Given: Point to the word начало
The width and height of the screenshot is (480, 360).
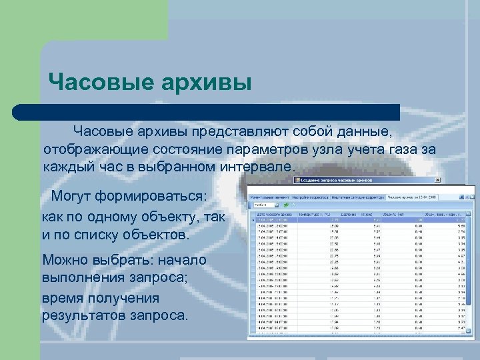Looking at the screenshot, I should (178, 259).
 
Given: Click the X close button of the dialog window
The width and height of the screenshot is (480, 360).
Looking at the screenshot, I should (437, 180).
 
